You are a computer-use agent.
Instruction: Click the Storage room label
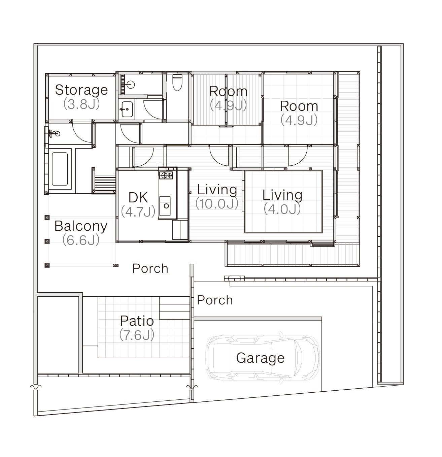tap(81, 90)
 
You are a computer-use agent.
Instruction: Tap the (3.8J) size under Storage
tap(81, 104)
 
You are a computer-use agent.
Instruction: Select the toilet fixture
tap(177, 83)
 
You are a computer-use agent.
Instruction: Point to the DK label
tap(138, 197)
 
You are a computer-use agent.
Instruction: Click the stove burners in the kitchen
tap(166, 175)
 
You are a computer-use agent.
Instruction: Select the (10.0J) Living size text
tap(217, 204)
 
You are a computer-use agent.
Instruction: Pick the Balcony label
tap(81, 226)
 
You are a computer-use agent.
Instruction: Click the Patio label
tap(137, 321)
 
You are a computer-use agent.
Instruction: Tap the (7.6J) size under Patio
tap(137, 335)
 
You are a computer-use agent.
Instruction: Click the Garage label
tap(260, 358)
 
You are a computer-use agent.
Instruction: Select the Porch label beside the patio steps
tap(215, 300)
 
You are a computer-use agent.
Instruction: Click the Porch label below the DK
tap(150, 268)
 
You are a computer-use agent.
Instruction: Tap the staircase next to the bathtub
tap(105, 182)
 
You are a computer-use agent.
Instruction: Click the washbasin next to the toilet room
tap(127, 109)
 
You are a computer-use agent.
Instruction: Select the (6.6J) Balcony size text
tap(81, 240)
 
